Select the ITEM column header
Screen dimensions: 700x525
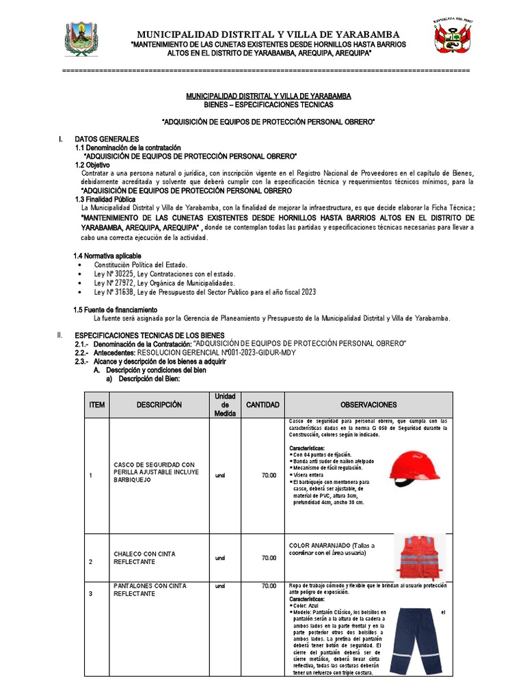coord(96,405)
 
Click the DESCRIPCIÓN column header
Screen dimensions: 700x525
coord(159,405)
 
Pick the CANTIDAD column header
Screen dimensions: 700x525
coord(262,405)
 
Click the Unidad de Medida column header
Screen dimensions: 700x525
coord(225,405)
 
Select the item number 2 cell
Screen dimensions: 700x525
coord(90,561)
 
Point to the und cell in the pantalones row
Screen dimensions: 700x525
coord(219,586)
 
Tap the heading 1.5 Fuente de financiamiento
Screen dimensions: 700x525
coord(115,310)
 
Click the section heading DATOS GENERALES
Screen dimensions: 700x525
coord(107,139)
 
